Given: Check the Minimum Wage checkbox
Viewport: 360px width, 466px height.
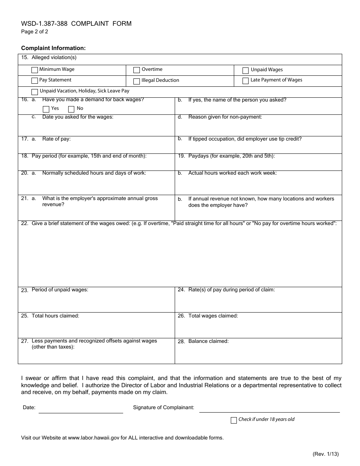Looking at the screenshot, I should [x=34, y=70].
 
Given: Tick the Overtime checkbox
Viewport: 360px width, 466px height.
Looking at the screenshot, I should [x=136, y=70].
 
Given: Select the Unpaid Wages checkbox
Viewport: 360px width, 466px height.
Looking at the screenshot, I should [x=246, y=70].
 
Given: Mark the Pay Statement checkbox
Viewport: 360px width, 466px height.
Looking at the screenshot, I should [x=34, y=81].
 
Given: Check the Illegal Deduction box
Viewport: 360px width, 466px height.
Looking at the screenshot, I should [x=136, y=81].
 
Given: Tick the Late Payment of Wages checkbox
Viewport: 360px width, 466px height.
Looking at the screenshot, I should [x=246, y=81].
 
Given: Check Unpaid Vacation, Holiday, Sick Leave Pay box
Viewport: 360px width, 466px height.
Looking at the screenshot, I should [x=34, y=92].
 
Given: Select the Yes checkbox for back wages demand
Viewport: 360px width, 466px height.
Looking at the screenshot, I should [x=46, y=109].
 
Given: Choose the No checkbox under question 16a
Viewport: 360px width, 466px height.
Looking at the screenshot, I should [x=71, y=109].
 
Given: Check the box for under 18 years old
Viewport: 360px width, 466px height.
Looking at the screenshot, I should [x=234, y=420].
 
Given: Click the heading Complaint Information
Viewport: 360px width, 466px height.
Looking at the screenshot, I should [x=53, y=48].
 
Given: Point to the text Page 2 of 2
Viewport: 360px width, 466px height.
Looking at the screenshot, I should [x=34, y=32].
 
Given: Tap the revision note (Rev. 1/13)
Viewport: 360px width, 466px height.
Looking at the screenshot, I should [x=326, y=454].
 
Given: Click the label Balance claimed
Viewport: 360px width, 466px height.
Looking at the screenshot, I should [x=208, y=341].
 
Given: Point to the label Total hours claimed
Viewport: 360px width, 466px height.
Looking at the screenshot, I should [x=55, y=316].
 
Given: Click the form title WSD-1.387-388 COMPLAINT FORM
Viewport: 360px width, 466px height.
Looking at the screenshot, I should [x=76, y=23].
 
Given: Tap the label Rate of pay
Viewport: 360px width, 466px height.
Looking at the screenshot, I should [x=56, y=139].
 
